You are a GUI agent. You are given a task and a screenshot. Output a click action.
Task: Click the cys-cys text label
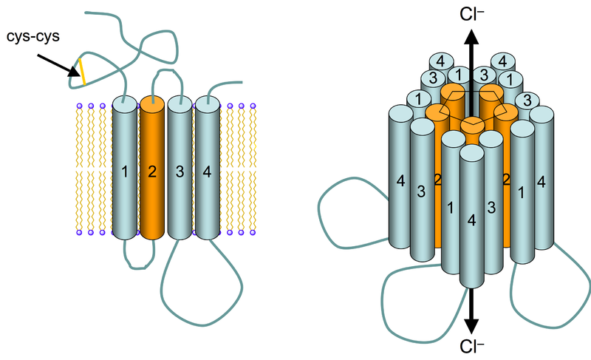[x=33, y=36]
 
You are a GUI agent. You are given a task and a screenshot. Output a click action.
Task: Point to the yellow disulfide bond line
[x=82, y=72]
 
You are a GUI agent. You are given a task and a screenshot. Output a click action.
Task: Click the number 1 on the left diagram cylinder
[x=125, y=172]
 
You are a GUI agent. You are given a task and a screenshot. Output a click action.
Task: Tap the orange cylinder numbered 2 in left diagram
[x=152, y=168]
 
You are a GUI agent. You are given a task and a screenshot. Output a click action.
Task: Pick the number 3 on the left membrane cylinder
[x=180, y=172]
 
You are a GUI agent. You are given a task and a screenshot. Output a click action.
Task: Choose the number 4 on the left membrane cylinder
[x=207, y=172]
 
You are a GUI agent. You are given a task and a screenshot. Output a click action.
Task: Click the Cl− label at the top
[x=471, y=14]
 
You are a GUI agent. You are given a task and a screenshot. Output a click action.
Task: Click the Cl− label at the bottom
[x=471, y=347]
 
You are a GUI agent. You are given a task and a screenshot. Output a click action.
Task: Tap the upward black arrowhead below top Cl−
[x=471, y=37]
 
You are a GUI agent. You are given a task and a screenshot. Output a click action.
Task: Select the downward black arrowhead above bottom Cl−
[x=471, y=327]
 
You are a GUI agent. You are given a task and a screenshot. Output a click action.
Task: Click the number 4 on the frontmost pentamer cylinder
[x=471, y=220]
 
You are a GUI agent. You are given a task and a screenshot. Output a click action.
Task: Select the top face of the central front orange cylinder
[x=473, y=122]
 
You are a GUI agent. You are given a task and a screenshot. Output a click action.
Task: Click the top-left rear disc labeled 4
[x=440, y=61]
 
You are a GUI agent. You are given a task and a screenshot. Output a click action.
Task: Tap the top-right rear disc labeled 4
[x=503, y=61]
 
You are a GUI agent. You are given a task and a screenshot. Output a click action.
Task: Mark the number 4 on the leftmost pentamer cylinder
[x=400, y=181]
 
